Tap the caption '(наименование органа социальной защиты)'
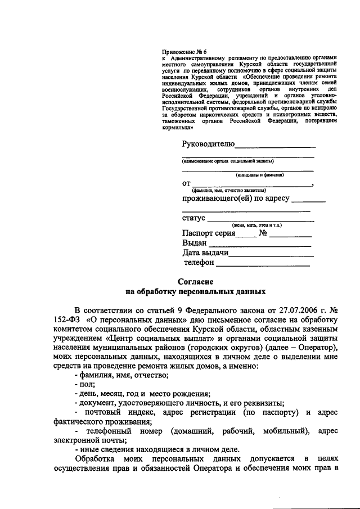228,161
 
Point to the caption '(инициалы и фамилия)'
259,175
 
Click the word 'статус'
194,218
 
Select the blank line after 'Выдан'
260,245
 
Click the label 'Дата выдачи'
205,253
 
